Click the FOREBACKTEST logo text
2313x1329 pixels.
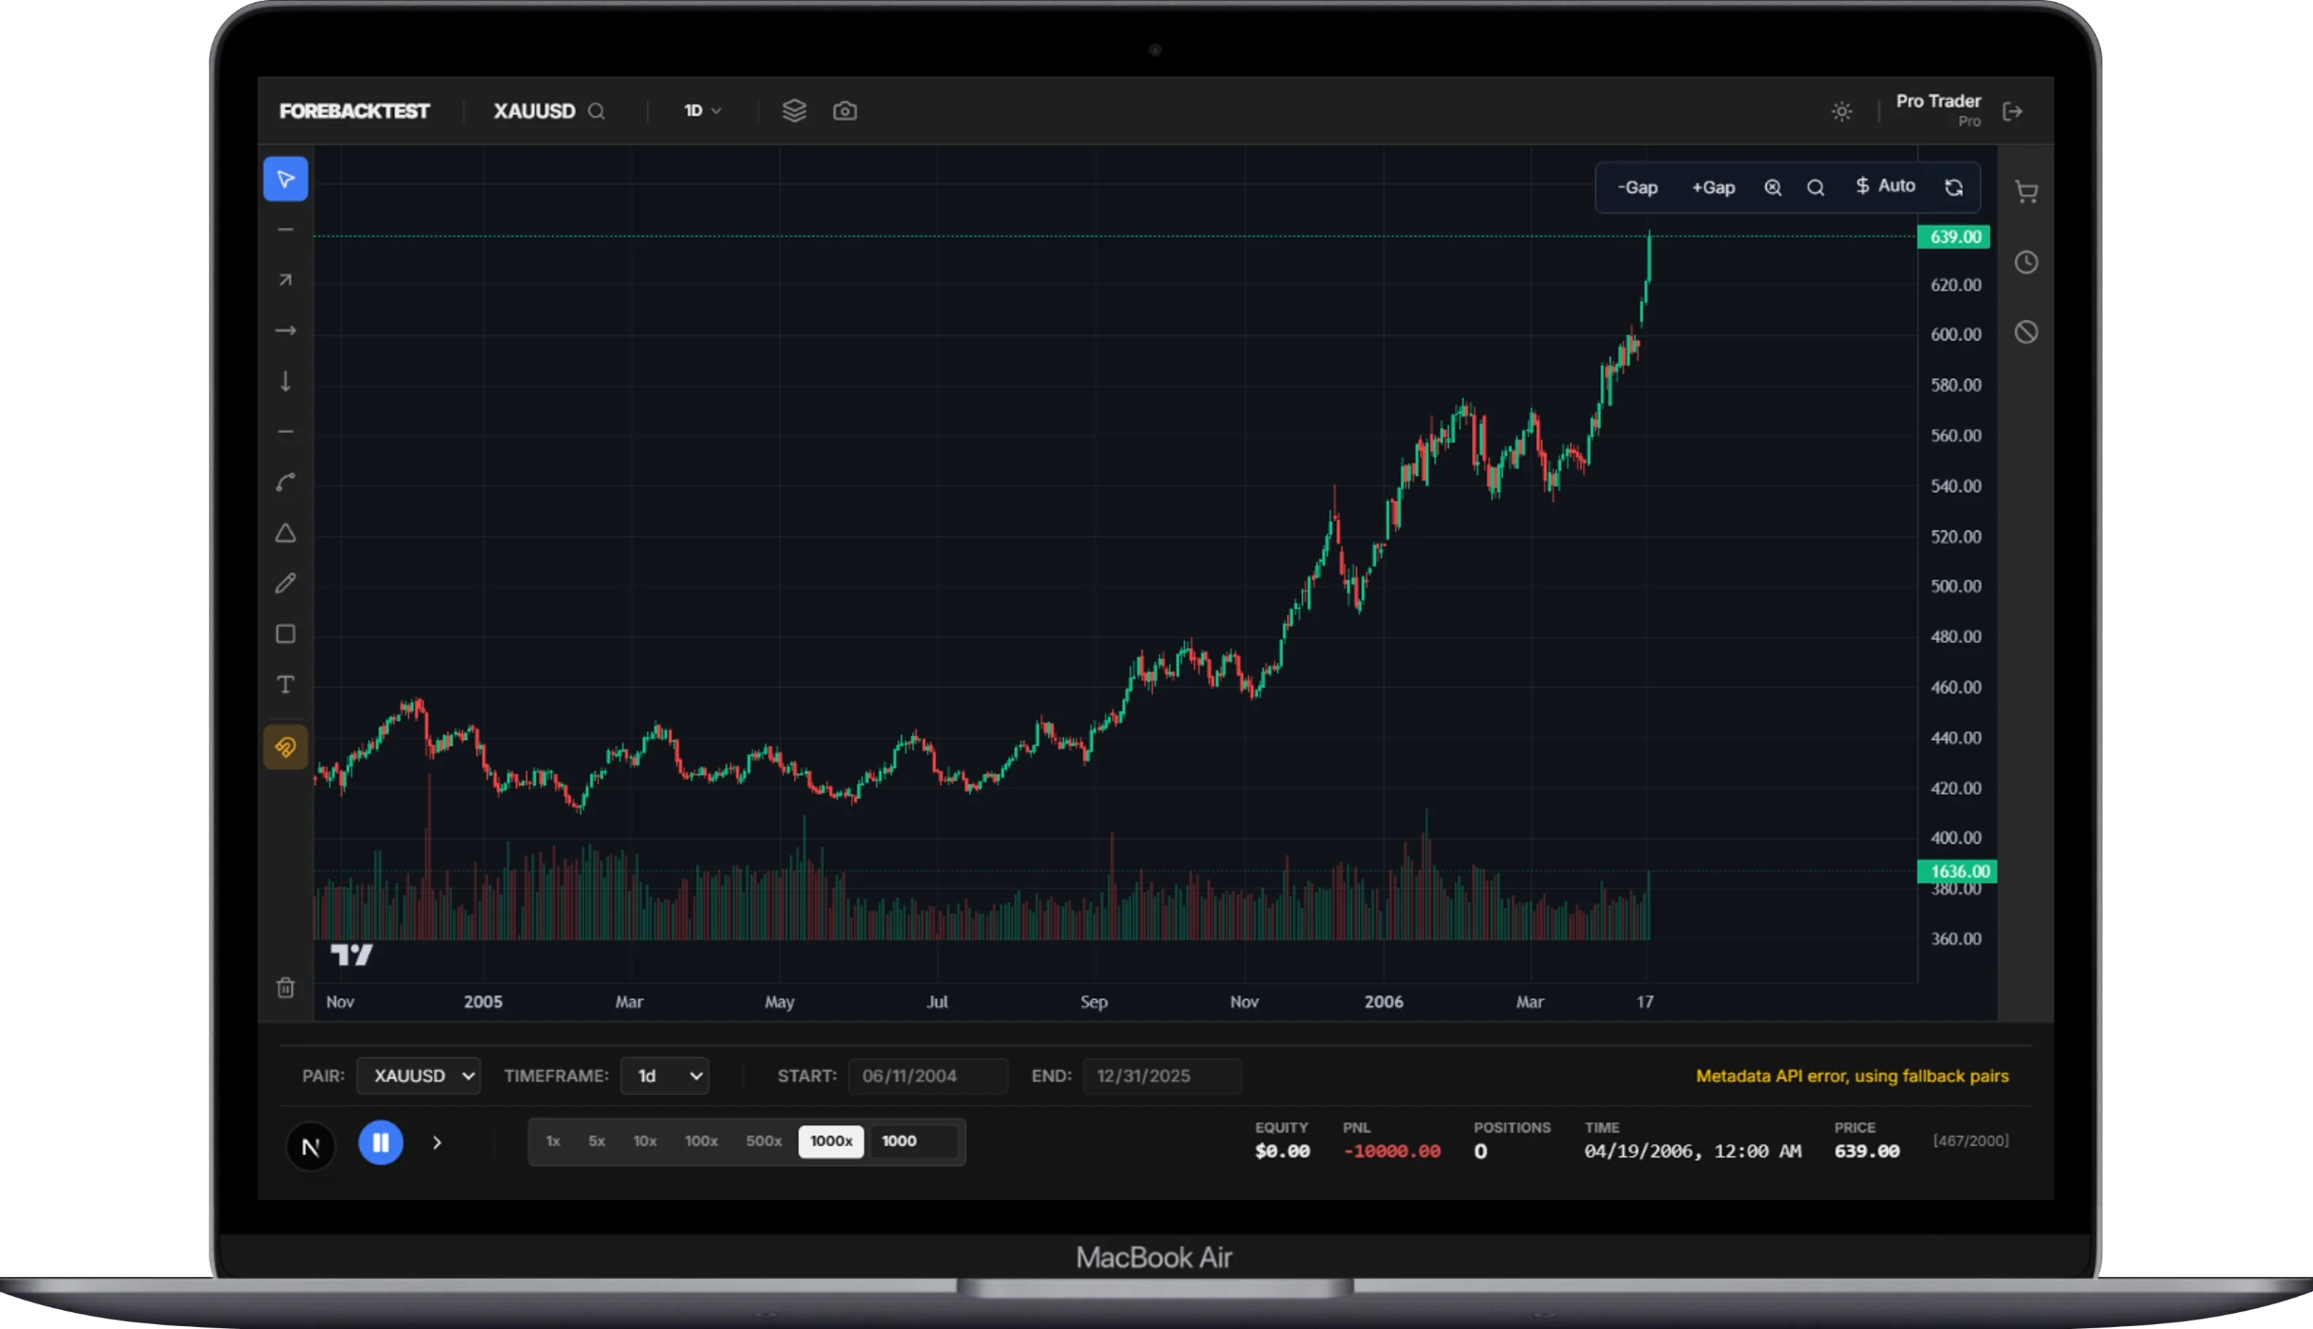pos(354,112)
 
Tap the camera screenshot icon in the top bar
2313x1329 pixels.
pos(845,112)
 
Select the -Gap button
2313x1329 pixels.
pos(1637,188)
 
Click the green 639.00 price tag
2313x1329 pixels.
pos(1954,237)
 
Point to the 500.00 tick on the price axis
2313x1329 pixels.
pos(1955,586)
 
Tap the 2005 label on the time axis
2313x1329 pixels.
pos(483,1001)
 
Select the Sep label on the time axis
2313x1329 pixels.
pos(1094,1001)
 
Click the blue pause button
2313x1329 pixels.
pos(381,1142)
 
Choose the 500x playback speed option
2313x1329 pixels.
pos(763,1141)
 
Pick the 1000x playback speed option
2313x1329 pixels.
pos(831,1141)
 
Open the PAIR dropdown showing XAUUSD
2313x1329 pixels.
pos(419,1076)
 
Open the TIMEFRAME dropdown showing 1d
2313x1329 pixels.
pos(664,1076)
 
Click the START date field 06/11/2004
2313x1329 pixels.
pos(927,1076)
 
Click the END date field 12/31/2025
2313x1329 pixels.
pos(1161,1076)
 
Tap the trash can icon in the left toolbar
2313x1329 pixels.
pos(286,988)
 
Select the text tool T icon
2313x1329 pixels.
pos(286,685)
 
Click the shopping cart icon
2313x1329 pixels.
pos(2026,192)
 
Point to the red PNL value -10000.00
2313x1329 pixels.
pos(1391,1152)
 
